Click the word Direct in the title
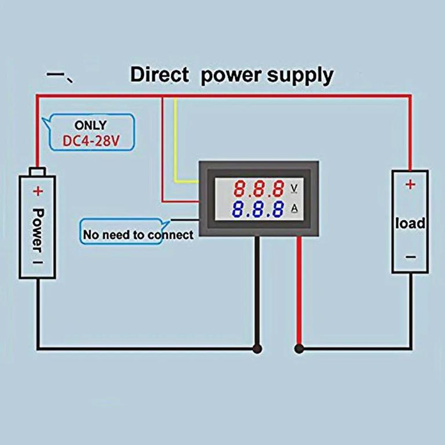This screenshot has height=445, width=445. tap(159, 75)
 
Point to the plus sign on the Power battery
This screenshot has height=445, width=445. tap(38, 190)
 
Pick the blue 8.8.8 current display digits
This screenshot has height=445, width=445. tap(260, 209)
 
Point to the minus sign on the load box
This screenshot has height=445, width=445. tap(410, 257)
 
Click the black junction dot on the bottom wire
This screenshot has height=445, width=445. tap(256, 348)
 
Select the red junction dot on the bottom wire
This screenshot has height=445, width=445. tap(299, 348)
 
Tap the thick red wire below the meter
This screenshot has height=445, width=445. tap(299, 290)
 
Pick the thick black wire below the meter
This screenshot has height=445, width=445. tap(256, 290)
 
